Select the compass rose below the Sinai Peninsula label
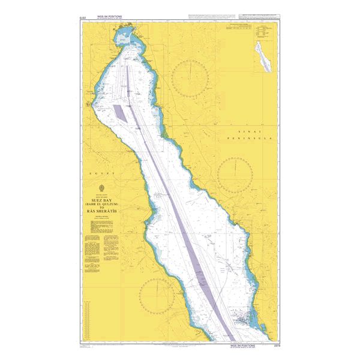tap(236, 175)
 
